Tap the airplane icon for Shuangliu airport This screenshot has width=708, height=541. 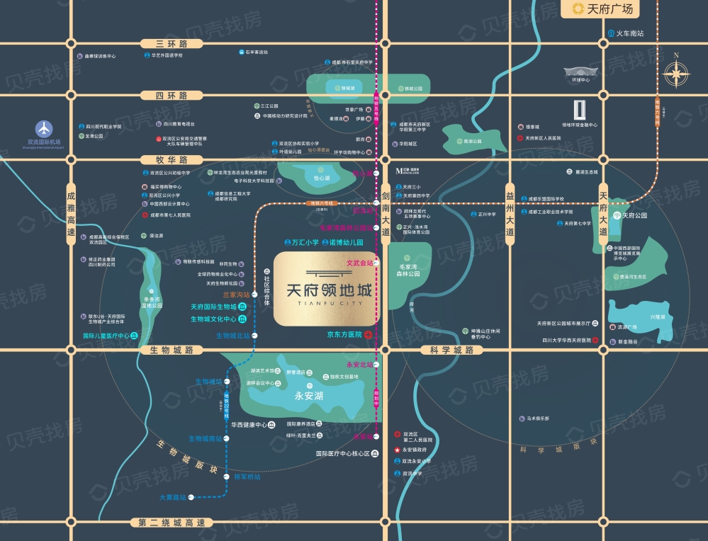pos(45,129)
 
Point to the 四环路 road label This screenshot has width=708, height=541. pos(162,95)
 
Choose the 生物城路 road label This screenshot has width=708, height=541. pos(167,350)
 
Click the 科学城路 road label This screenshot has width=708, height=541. pos(451,350)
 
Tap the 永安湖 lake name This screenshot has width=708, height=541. pos(309,397)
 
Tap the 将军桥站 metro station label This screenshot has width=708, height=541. pos(247,477)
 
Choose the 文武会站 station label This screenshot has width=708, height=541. pos(359,263)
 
